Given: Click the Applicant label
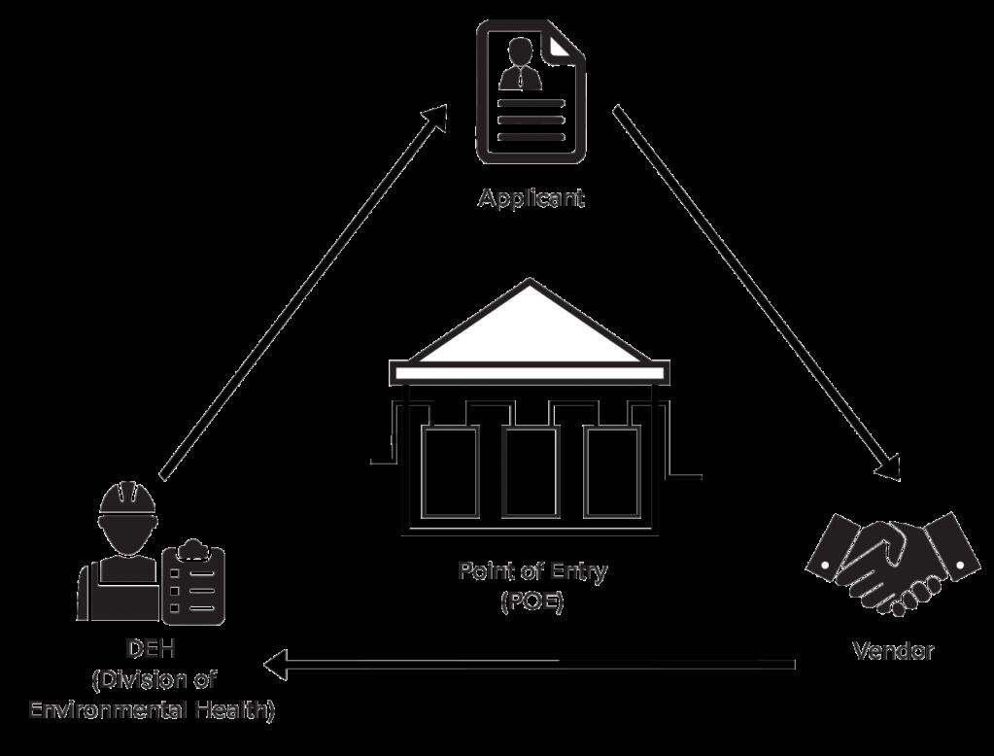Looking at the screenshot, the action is [531, 198].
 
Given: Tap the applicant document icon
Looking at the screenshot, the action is [531, 91].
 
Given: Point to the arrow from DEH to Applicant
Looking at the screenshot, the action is [303, 292].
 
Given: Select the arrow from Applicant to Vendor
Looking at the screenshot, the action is [756, 293].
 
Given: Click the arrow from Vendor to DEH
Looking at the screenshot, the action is [530, 665].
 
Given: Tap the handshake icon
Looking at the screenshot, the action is [892, 564].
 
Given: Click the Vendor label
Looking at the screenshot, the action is [893, 651].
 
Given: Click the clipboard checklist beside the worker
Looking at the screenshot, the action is [192, 582].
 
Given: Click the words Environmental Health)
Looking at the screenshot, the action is [153, 709].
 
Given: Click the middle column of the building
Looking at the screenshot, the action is [530, 472].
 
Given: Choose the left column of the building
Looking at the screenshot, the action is [450, 472].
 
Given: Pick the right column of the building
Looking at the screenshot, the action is [612, 472].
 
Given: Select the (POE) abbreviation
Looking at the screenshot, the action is [532, 601].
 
